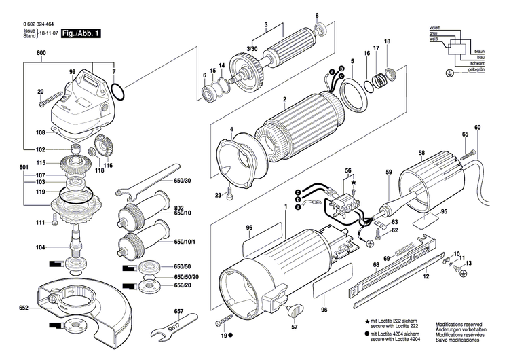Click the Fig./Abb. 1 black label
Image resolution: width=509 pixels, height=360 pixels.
[80, 33]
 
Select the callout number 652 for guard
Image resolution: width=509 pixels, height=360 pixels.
[23, 308]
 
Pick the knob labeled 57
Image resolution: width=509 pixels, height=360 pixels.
[293, 312]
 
